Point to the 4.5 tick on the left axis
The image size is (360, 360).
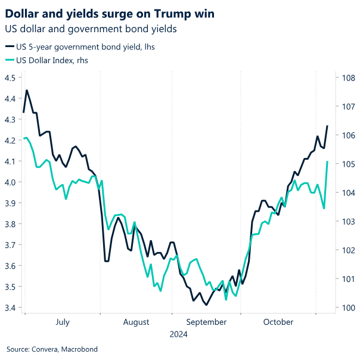pos(10,77)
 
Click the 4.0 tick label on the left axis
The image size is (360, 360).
pos(10,182)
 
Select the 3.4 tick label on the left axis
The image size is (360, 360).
pos(10,308)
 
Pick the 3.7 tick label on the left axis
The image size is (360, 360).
pos(10,245)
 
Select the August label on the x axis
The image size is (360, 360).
pos(136,322)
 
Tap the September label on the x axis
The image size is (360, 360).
pos(206,322)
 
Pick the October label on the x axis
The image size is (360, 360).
pos(278,322)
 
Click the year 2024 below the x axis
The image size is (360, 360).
pos(179,334)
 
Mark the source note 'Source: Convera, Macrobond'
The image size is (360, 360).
pos(52,349)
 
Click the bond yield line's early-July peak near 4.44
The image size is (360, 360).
pos(27,91)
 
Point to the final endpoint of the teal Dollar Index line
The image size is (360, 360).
pos(327,162)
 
